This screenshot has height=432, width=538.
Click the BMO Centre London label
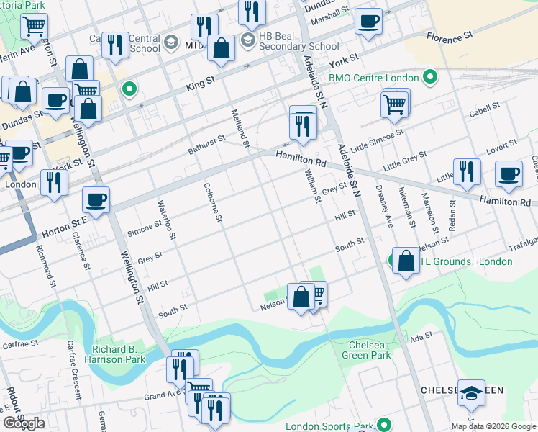(373, 78)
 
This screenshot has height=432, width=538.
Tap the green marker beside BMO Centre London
(430, 77)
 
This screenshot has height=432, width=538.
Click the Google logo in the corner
(24, 423)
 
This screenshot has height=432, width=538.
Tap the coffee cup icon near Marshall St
(368, 21)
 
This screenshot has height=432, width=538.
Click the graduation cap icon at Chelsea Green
(471, 392)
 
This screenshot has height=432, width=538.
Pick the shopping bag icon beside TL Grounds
(405, 261)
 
